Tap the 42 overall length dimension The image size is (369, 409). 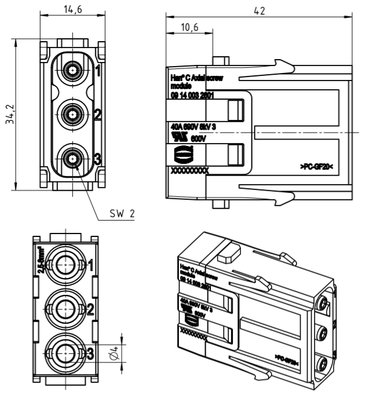[x=258, y=9]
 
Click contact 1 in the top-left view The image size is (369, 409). [x=72, y=72]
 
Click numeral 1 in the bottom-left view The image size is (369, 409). [x=90, y=265]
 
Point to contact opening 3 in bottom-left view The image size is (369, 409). [x=65, y=350]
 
